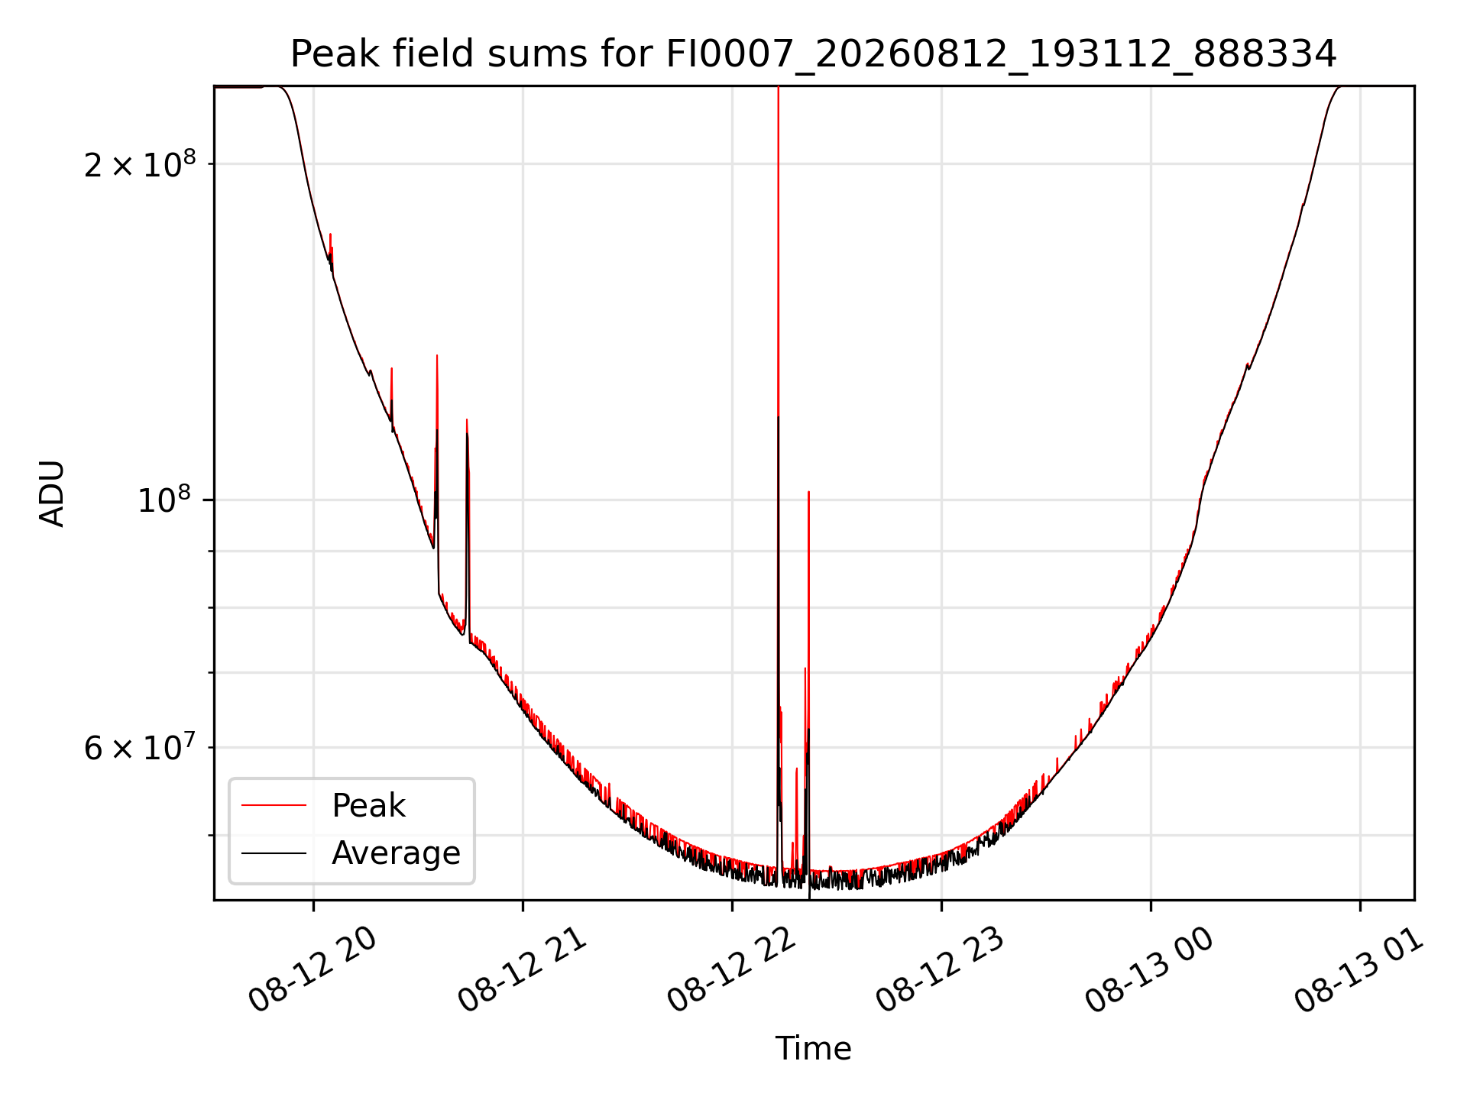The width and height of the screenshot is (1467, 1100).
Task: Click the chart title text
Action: (x=813, y=54)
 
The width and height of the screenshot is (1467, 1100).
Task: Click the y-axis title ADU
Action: (x=52, y=493)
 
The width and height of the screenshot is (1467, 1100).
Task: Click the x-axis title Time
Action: (x=813, y=1048)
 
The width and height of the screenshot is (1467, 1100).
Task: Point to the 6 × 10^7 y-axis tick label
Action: (x=140, y=747)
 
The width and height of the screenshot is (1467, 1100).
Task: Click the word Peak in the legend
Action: (x=368, y=806)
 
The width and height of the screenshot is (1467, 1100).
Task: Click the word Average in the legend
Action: (x=396, y=853)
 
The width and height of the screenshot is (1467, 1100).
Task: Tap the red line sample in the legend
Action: (x=274, y=805)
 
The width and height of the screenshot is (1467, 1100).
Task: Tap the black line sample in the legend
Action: (x=274, y=852)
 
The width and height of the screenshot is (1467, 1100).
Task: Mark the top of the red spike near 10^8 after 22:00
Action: (x=808, y=492)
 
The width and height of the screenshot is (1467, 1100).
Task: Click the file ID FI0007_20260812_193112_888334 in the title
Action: (x=1002, y=55)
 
